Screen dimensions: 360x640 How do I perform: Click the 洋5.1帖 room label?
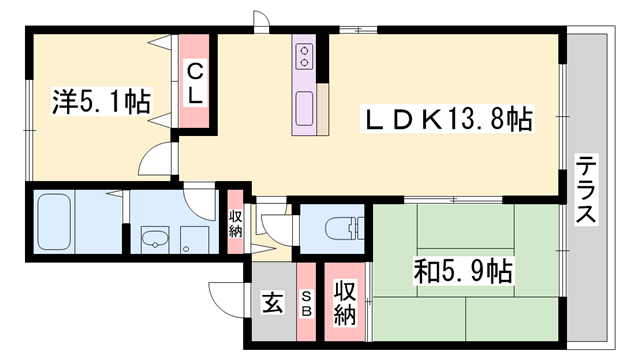(100, 100)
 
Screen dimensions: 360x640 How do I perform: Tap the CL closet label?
(195, 83)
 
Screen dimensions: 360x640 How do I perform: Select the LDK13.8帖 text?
(445, 120)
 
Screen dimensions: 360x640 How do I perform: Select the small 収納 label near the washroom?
(235, 223)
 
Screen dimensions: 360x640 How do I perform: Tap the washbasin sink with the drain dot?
(154, 240)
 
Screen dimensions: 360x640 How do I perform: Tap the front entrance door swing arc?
(224, 296)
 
